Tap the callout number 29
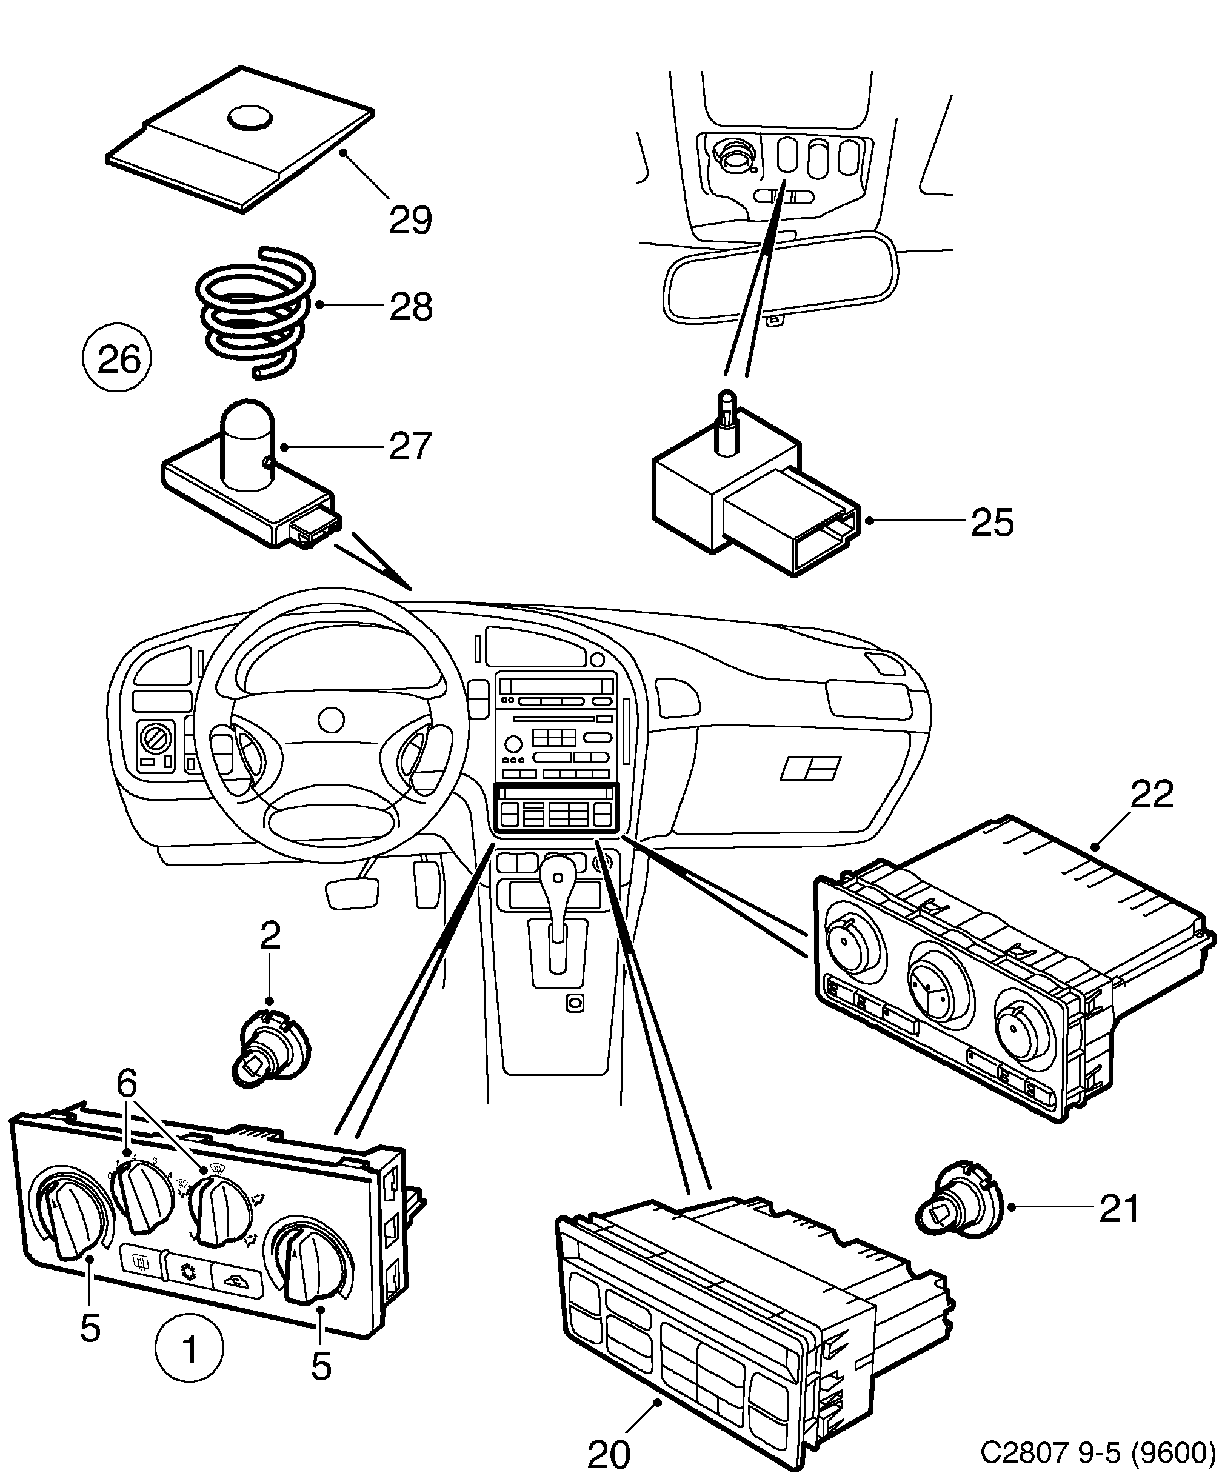(410, 220)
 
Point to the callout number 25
(992, 523)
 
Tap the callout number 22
(1151, 795)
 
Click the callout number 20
(608, 1454)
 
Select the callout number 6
(126, 1084)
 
